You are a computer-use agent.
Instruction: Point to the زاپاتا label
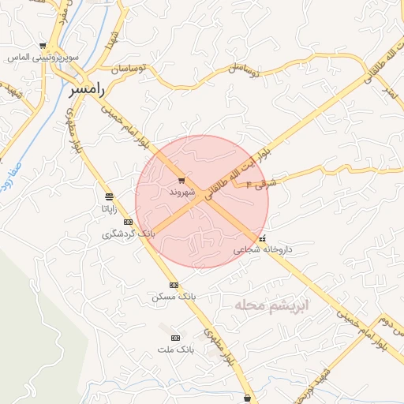[x=108, y=209]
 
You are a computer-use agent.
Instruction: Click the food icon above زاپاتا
[x=108, y=196]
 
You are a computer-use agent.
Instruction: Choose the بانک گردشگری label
[x=129, y=234]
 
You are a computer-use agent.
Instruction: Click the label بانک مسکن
[x=174, y=297]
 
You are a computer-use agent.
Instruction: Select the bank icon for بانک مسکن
[x=174, y=285]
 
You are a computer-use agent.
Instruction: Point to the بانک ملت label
[x=175, y=349]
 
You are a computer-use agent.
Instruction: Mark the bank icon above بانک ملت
[x=175, y=337]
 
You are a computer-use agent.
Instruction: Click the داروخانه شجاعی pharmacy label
[x=263, y=249]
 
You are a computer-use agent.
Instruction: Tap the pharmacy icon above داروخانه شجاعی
[x=263, y=238]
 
